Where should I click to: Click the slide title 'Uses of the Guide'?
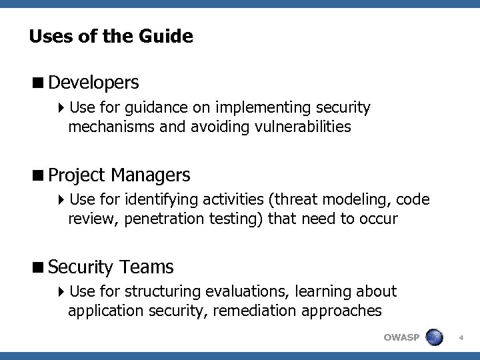pyautogui.click(x=111, y=36)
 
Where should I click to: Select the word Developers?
pyautogui.click(x=93, y=83)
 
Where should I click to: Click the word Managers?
pyautogui.click(x=151, y=175)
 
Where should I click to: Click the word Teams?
pyautogui.click(x=147, y=267)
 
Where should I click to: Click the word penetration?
pyautogui.click(x=162, y=218)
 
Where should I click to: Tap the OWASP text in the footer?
pyautogui.click(x=401, y=337)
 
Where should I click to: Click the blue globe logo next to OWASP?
pyautogui.click(x=435, y=337)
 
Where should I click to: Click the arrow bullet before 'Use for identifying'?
pyautogui.click(x=61, y=199)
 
